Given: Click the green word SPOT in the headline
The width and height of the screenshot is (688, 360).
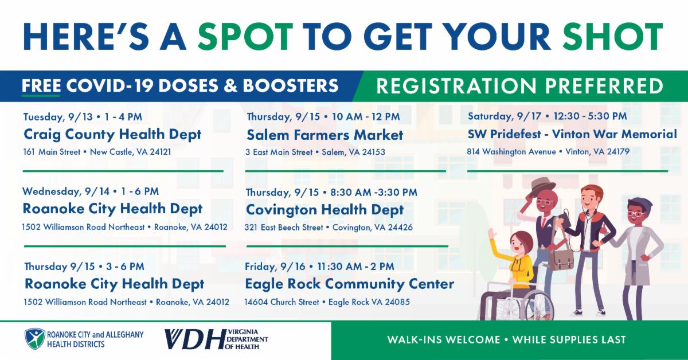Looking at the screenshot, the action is [245, 36].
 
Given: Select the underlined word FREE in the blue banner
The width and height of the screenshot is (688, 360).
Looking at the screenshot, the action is [41, 85].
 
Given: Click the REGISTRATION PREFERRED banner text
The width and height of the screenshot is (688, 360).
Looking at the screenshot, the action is [519, 85].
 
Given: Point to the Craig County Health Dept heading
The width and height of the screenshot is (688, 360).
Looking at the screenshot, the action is [112, 135].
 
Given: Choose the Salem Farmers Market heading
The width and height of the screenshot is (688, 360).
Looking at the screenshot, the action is [325, 135].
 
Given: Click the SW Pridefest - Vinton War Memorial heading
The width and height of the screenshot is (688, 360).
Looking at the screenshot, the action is [572, 134].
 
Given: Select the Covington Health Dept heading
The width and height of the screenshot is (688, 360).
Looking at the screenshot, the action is [325, 210].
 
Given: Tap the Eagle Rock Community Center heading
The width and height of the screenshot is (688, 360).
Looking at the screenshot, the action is [350, 284].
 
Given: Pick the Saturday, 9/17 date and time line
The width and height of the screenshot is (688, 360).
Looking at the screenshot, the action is [548, 116].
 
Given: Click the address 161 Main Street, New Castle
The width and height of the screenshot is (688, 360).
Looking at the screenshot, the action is [97, 152].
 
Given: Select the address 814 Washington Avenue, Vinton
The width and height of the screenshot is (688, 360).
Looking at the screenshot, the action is [548, 152].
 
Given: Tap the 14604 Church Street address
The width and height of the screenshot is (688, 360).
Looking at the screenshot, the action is [327, 302].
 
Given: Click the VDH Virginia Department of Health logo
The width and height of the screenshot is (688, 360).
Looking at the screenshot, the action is [216, 339].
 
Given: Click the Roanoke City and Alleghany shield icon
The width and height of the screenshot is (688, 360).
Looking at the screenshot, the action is [35, 339].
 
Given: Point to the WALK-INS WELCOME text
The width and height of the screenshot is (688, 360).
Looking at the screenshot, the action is [444, 340].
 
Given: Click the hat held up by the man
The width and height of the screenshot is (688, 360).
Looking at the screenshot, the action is [543, 188].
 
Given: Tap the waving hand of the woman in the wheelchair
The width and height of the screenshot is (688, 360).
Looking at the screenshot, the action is [494, 233].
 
